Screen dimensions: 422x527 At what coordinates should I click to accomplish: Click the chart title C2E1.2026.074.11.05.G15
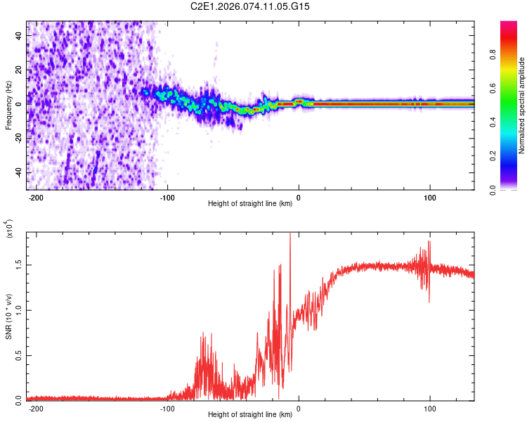[x=250, y=6]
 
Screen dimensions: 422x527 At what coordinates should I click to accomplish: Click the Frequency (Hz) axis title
[x=9, y=105]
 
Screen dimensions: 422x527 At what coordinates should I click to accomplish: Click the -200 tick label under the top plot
[x=37, y=198]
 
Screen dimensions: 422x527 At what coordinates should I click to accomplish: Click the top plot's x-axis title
[x=250, y=205]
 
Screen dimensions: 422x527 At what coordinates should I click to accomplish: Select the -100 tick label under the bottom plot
[x=167, y=408]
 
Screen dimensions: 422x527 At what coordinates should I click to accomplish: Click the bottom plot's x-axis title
[x=250, y=415]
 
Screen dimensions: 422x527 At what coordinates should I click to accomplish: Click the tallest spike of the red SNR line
[x=290, y=235]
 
